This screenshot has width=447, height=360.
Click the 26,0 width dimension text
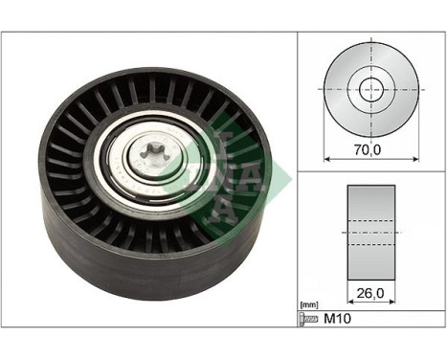click(x=372, y=284)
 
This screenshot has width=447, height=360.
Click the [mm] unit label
click(x=308, y=304)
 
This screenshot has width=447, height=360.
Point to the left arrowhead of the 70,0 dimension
click(x=327, y=157)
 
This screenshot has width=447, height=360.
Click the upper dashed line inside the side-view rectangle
click(x=372, y=218)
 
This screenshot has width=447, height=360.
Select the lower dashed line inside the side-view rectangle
click(x=372, y=233)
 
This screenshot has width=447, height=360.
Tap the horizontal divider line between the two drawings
click(x=372, y=172)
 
